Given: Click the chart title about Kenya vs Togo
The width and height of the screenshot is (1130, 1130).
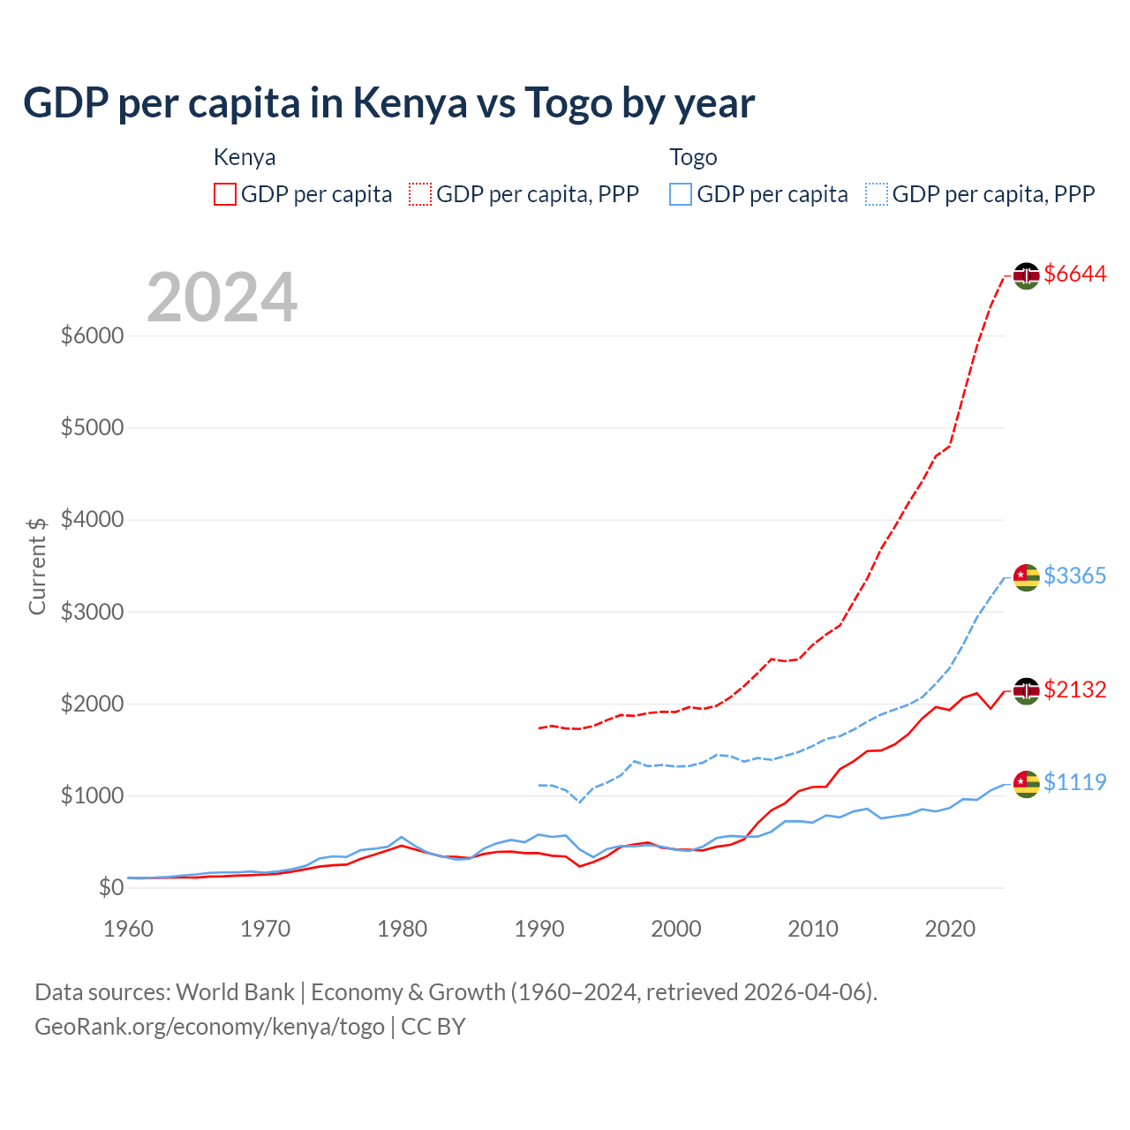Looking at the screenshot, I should (x=388, y=103).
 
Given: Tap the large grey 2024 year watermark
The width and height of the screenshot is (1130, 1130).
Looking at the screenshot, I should (x=222, y=298).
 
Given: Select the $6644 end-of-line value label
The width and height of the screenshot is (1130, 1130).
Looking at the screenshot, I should (x=1074, y=275).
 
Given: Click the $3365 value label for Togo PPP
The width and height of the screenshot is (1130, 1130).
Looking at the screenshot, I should (x=1074, y=576).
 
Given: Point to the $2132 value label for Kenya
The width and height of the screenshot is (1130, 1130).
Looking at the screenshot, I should (x=1074, y=689).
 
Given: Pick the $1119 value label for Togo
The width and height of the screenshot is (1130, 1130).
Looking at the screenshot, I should (x=1074, y=783).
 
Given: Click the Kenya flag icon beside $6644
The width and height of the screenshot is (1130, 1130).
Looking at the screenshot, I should (x=1026, y=275).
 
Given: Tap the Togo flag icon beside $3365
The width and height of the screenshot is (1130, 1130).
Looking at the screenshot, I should (x=1026, y=577).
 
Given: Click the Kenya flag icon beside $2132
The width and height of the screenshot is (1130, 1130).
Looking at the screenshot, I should (x=1026, y=690).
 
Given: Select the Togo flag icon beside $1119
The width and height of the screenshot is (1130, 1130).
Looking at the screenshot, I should (x=1026, y=784).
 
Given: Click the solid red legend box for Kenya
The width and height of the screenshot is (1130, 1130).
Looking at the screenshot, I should (x=225, y=194).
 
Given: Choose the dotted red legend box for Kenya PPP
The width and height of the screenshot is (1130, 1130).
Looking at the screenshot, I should (x=421, y=194).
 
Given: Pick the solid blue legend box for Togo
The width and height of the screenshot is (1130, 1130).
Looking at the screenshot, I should (x=681, y=194).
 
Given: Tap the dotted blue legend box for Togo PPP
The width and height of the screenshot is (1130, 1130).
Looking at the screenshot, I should (x=877, y=194).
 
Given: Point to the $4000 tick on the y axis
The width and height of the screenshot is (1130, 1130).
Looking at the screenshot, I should (x=92, y=520).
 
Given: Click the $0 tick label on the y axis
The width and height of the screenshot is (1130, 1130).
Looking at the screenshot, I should (x=110, y=888).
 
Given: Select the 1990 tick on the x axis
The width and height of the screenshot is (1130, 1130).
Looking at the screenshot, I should (x=539, y=929).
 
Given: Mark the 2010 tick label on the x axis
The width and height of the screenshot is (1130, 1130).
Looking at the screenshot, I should (x=813, y=929).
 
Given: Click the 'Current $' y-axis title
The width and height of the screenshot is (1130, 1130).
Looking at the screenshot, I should (x=37, y=566).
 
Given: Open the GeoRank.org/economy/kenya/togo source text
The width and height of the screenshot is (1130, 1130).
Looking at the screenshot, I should (x=209, y=1027).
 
